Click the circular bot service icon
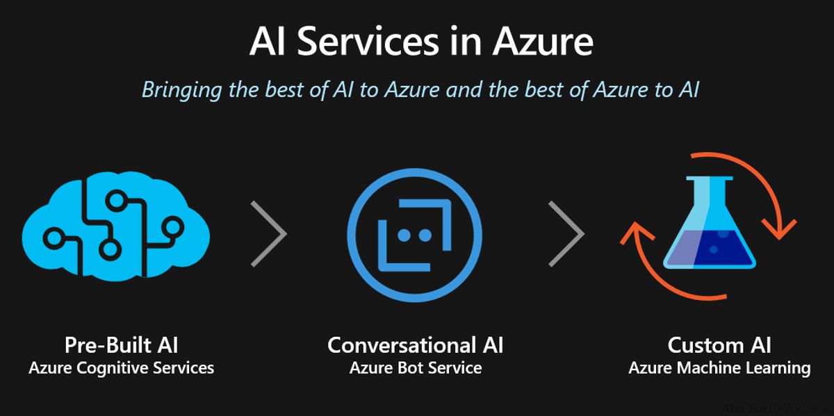[x=414, y=235]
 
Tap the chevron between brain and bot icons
[x=270, y=234]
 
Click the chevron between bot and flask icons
[x=566, y=234]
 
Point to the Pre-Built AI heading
[x=121, y=345]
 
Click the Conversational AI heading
[x=416, y=345]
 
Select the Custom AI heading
[x=719, y=345]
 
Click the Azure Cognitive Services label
[x=121, y=368]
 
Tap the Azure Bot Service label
[x=416, y=368]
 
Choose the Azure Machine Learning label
[x=719, y=368]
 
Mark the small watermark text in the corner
[x=777, y=409]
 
